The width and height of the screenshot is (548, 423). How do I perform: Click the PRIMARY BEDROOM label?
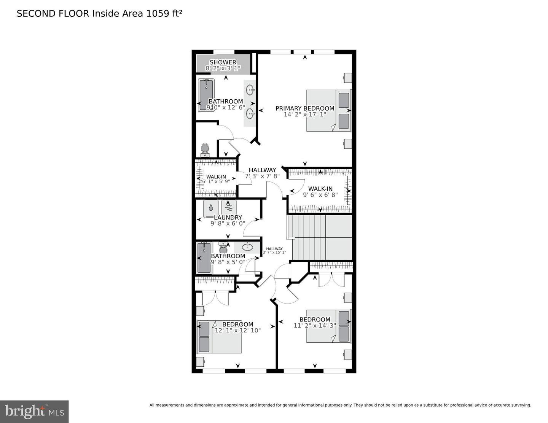pyautogui.click(x=305, y=108)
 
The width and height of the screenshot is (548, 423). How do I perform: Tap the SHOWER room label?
pyautogui.click(x=223, y=62)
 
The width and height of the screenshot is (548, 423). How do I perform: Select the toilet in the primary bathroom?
pyautogui.click(x=205, y=149)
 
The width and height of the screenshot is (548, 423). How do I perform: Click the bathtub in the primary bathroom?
pyautogui.click(x=206, y=95)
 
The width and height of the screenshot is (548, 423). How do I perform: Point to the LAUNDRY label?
pyautogui.click(x=228, y=218)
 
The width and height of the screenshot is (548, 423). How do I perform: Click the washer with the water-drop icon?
pyautogui.click(x=211, y=208)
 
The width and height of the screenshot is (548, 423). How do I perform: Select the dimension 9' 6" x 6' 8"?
pyautogui.click(x=320, y=195)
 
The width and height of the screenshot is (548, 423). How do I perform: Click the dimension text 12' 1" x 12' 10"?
pyautogui.click(x=237, y=331)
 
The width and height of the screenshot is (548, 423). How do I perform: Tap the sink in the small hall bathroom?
pyautogui.click(x=248, y=247)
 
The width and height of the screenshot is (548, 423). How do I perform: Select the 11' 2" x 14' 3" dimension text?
pyautogui.click(x=315, y=326)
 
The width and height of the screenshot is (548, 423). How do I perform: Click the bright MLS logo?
pyautogui.click(x=34, y=411)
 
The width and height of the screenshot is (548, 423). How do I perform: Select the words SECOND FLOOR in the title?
pyautogui.click(x=53, y=14)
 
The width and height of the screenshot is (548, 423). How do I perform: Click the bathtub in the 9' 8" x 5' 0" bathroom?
pyautogui.click(x=204, y=258)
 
